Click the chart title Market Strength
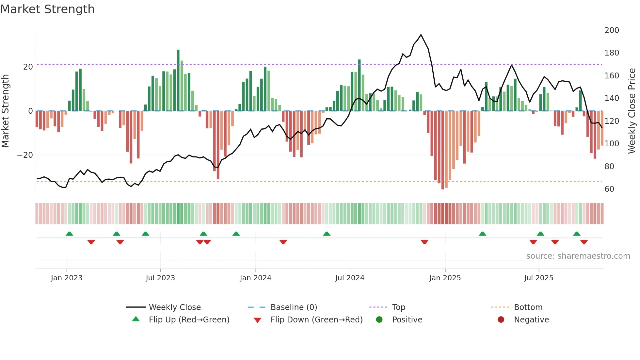point(47,9)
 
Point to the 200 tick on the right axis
point(611,30)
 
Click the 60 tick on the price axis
point(609,189)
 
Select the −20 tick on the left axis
point(25,155)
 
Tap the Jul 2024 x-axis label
point(349,278)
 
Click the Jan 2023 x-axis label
point(67,278)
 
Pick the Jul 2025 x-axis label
point(538,278)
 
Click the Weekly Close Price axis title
point(632,111)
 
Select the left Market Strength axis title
point(5,111)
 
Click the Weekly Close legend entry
point(175,307)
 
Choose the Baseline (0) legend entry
point(294,307)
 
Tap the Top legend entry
point(398,307)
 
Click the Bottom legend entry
point(528,307)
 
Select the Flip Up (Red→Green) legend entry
point(189,320)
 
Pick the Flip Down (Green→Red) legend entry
point(316,320)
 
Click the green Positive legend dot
point(379,319)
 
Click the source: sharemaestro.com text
point(578,256)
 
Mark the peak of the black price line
point(421,35)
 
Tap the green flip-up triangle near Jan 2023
point(69,234)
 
